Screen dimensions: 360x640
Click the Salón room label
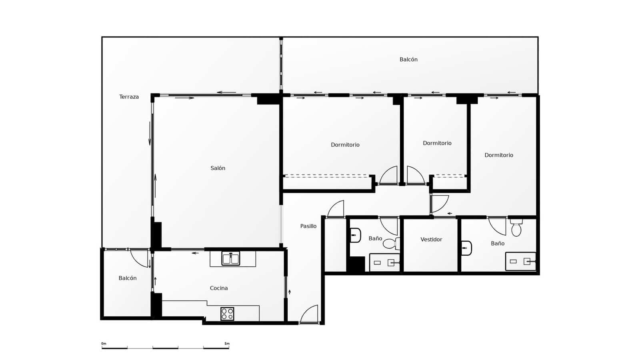click(x=218, y=168)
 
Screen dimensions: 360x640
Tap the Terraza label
click(x=129, y=97)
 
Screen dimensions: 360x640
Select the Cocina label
click(x=219, y=288)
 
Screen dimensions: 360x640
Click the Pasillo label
click(x=308, y=226)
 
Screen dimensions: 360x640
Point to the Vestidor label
click(x=431, y=240)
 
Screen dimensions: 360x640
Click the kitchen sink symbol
click(x=231, y=259)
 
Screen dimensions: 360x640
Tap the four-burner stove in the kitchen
click(x=227, y=314)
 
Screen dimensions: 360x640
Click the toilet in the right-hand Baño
click(x=516, y=228)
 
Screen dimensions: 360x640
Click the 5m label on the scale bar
click(x=227, y=344)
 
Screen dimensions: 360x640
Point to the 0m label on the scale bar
click(x=104, y=344)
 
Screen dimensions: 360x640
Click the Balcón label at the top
click(x=408, y=60)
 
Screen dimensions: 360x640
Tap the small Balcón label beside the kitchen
click(x=128, y=278)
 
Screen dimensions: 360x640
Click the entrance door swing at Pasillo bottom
click(x=310, y=314)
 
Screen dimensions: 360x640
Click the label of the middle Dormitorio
click(x=437, y=143)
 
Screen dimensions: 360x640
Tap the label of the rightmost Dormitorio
click(x=499, y=155)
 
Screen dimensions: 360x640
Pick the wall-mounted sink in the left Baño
click(x=355, y=235)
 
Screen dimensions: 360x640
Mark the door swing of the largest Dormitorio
click(x=389, y=176)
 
